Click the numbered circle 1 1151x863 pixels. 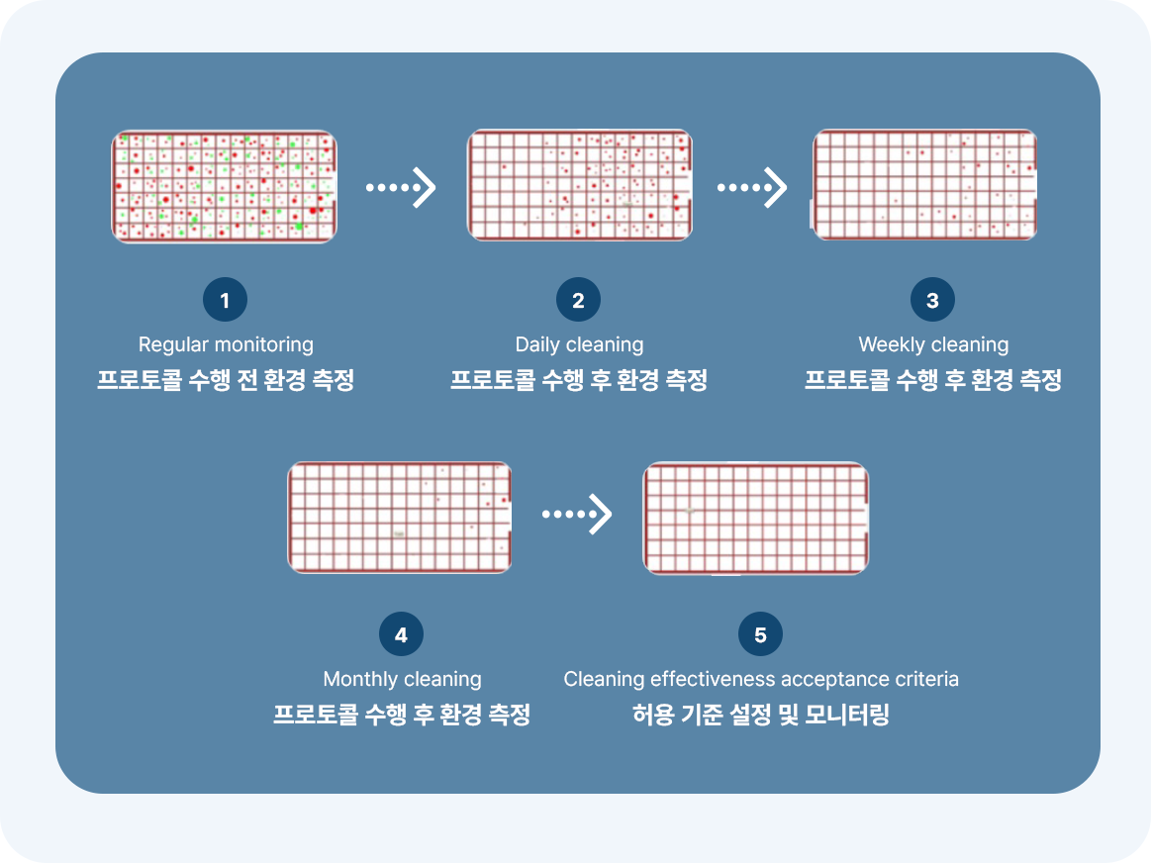[225, 301]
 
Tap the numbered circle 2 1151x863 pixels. [579, 301]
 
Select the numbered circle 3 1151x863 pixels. [932, 301]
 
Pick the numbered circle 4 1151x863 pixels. [401, 635]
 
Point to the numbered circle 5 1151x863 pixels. [760, 635]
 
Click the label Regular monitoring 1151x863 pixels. [226, 344]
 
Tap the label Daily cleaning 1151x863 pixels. [579, 344]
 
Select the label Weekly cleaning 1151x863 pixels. [933, 344]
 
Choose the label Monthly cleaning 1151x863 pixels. [402, 679]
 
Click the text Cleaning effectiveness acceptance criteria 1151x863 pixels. [761, 679]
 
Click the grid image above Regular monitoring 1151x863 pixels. [225, 186]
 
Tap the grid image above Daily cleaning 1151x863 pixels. [579, 185]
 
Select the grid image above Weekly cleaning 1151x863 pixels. [924, 185]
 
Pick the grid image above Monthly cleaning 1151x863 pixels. [400, 517]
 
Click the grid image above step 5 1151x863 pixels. [756, 518]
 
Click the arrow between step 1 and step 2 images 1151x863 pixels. [401, 186]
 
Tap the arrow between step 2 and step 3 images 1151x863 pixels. [752, 186]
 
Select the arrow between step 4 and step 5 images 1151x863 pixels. [577, 515]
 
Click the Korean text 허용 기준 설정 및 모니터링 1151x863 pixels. [761, 715]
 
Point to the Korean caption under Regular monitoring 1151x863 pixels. [226, 381]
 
